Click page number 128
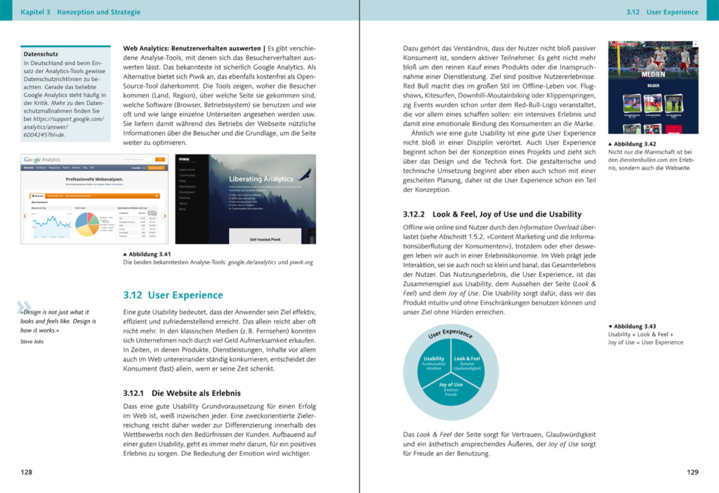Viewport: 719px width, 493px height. [x=26, y=472]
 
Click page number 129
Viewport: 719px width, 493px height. [x=692, y=472]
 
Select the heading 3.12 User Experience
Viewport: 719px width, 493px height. [x=173, y=295]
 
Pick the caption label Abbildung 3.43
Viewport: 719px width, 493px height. [x=635, y=326]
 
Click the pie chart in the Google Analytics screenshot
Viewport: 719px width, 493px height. [x=86, y=224]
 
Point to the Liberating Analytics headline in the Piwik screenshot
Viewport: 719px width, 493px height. [x=260, y=179]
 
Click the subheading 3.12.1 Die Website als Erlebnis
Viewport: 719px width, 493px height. [x=182, y=393]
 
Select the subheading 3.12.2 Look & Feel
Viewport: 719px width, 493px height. [x=492, y=214]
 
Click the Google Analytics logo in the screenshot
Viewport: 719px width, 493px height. [x=42, y=160]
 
